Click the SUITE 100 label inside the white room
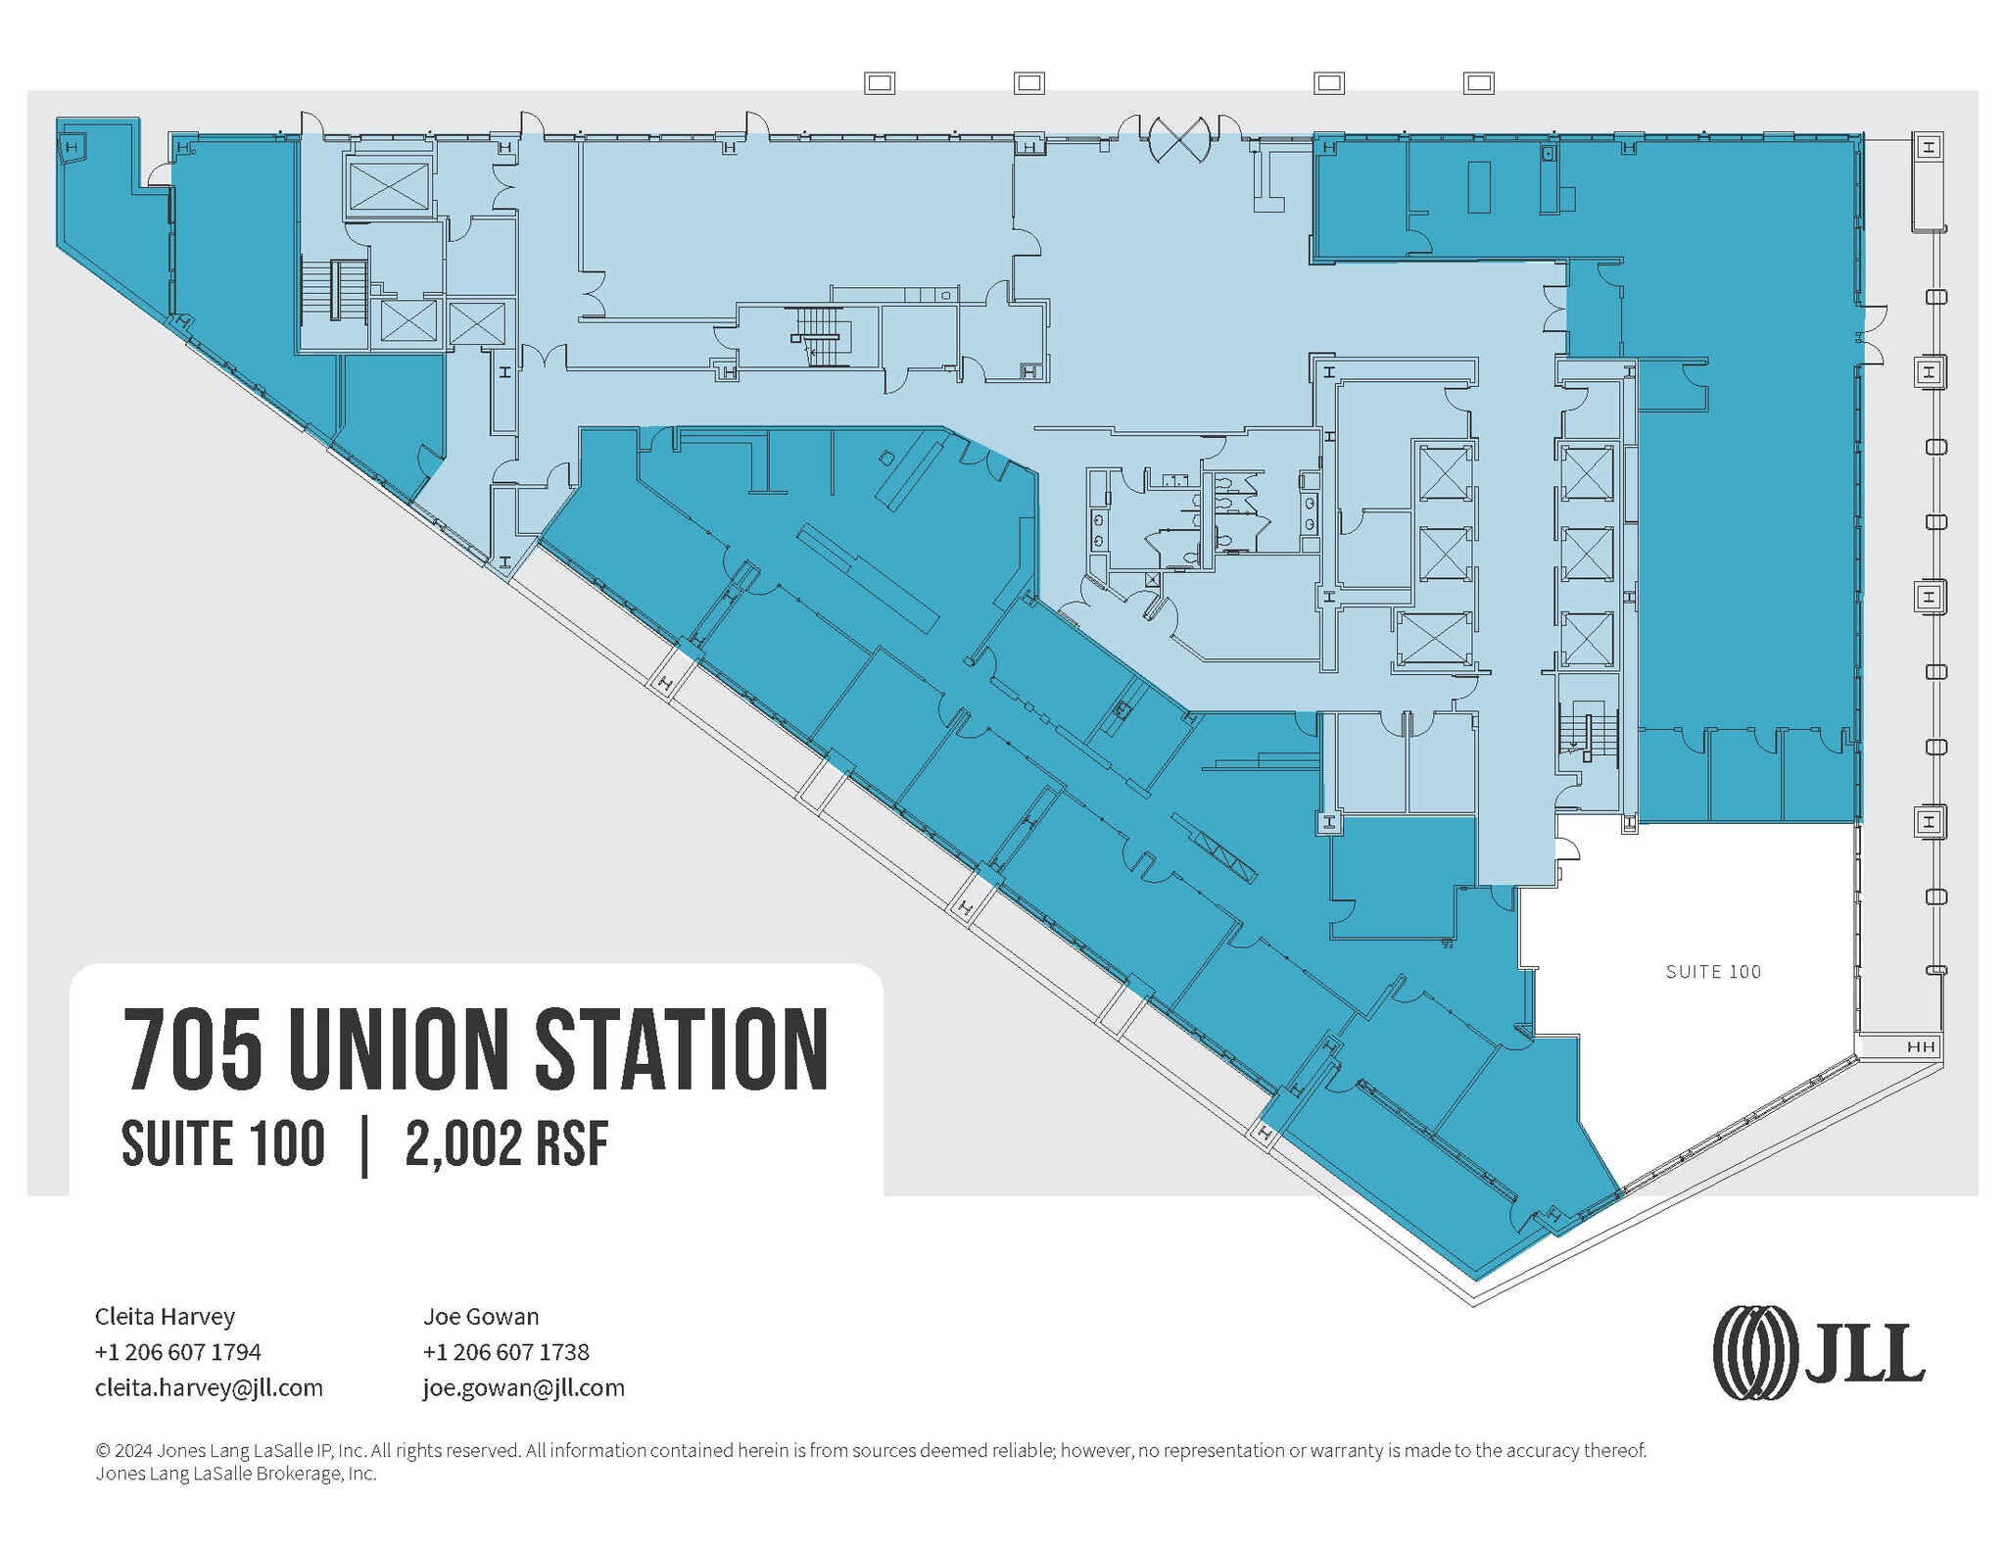[x=1712, y=972]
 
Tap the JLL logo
[x=1818, y=1352]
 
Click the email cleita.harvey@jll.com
[x=209, y=1387]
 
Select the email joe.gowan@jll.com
[x=523, y=1387]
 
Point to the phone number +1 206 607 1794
[x=177, y=1352]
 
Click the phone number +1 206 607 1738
[x=505, y=1352]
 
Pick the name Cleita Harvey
[x=165, y=1316]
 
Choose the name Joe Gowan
[x=481, y=1316]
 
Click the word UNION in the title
[x=398, y=1049]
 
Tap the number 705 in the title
[x=193, y=1049]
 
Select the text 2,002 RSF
[x=506, y=1144]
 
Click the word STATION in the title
[x=681, y=1049]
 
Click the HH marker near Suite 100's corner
[x=1921, y=1046]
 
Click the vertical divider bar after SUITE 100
[x=365, y=1144]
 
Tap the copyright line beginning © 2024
[x=870, y=1450]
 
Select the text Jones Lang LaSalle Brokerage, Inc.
[x=235, y=1474]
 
